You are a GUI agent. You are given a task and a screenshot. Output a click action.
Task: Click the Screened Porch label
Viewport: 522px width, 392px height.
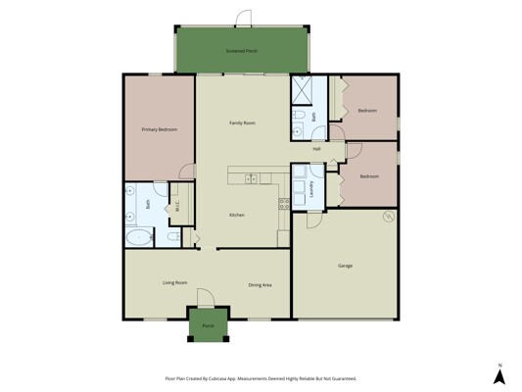click(x=242, y=51)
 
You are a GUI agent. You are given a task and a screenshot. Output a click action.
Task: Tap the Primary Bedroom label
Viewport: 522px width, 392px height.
click(x=159, y=129)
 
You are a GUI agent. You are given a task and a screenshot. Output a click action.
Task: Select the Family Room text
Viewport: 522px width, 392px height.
click(x=242, y=122)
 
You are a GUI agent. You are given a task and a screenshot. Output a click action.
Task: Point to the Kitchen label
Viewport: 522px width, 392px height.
click(x=237, y=215)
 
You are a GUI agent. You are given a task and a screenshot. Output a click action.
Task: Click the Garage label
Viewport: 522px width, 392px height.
click(x=346, y=266)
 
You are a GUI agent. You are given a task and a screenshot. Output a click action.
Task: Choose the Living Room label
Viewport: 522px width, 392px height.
click(x=174, y=283)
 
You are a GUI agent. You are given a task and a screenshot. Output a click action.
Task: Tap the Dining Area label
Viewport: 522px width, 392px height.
click(x=260, y=285)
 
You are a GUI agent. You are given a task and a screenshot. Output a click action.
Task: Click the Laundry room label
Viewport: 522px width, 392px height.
click(x=312, y=189)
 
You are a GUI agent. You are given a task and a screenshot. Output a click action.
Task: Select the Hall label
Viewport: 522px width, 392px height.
click(x=316, y=149)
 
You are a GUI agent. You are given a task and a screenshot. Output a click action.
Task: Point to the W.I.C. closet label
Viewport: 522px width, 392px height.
click(x=177, y=206)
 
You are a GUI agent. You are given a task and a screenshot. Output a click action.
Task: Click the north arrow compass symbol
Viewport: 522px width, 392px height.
click(x=499, y=375)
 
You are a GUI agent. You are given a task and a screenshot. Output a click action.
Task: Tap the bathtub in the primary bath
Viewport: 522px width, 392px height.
click(x=139, y=237)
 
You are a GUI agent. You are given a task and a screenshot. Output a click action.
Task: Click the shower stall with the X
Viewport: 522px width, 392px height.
click(x=302, y=90)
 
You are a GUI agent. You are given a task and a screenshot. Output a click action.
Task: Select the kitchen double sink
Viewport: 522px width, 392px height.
click(x=251, y=179)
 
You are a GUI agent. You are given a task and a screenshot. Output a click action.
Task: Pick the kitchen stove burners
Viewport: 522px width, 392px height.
click(x=284, y=204)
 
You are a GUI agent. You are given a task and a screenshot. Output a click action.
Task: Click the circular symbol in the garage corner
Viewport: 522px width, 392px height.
click(x=389, y=217)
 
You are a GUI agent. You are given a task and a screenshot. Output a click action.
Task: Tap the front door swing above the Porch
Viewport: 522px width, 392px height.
click(x=205, y=297)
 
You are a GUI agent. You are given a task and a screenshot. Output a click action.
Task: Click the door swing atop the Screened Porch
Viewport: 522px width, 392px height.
click(x=243, y=18)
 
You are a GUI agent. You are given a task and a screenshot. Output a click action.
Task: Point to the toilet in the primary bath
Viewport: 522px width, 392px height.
click(x=174, y=237)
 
